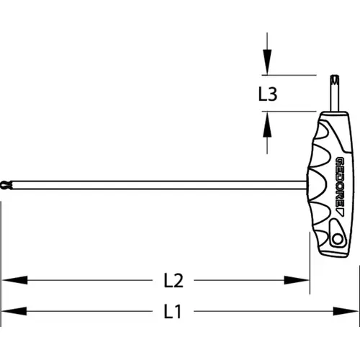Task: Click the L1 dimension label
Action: pyautogui.click(x=172, y=311)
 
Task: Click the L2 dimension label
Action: pyautogui.click(x=174, y=280)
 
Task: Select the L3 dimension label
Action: pyautogui.click(x=268, y=94)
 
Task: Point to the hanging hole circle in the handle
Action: pyautogui.click(x=338, y=239)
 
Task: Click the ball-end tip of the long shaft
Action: pyautogui.click(x=6, y=185)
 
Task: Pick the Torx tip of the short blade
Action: pyautogui.click(x=335, y=81)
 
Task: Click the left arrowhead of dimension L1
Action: pyautogui.click(x=14, y=311)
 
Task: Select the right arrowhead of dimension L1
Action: pyautogui.click(x=346, y=311)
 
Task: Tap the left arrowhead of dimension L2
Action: pyautogui.click(x=14, y=280)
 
